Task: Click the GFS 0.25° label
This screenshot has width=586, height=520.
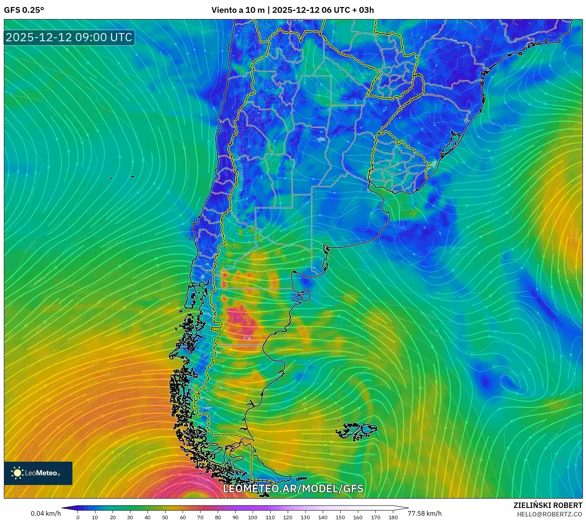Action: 24,10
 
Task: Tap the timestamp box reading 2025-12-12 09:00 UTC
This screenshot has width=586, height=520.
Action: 69,38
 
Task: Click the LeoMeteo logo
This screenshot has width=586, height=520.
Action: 38,473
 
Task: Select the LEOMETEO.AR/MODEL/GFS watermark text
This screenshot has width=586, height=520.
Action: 293,489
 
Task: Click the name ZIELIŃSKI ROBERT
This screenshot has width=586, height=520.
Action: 547,505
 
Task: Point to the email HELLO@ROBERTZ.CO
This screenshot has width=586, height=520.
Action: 549,514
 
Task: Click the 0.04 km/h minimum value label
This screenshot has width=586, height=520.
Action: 46,513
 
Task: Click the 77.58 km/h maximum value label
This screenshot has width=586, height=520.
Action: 424,513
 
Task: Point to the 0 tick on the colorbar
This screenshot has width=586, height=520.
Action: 78,517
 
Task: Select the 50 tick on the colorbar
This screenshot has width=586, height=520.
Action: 165,517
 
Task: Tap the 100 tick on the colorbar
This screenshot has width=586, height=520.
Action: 253,517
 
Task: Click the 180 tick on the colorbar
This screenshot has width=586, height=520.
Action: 393,517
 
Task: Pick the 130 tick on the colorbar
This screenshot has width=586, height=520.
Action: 305,517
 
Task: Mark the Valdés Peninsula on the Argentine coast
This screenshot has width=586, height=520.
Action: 302,298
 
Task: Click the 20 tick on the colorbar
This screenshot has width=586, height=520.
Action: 113,517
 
